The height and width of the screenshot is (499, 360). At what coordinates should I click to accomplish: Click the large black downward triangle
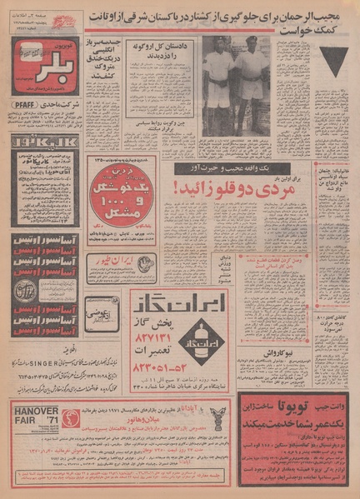334,62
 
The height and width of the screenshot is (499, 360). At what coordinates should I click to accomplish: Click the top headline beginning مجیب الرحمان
218,17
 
